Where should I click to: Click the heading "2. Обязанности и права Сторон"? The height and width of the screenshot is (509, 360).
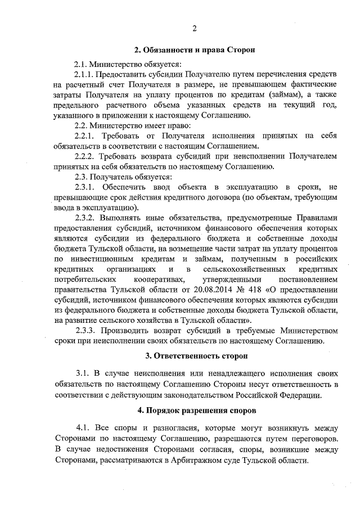194,50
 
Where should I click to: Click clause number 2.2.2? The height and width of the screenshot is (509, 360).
85,156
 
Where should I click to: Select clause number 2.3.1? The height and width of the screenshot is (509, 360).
85,187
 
